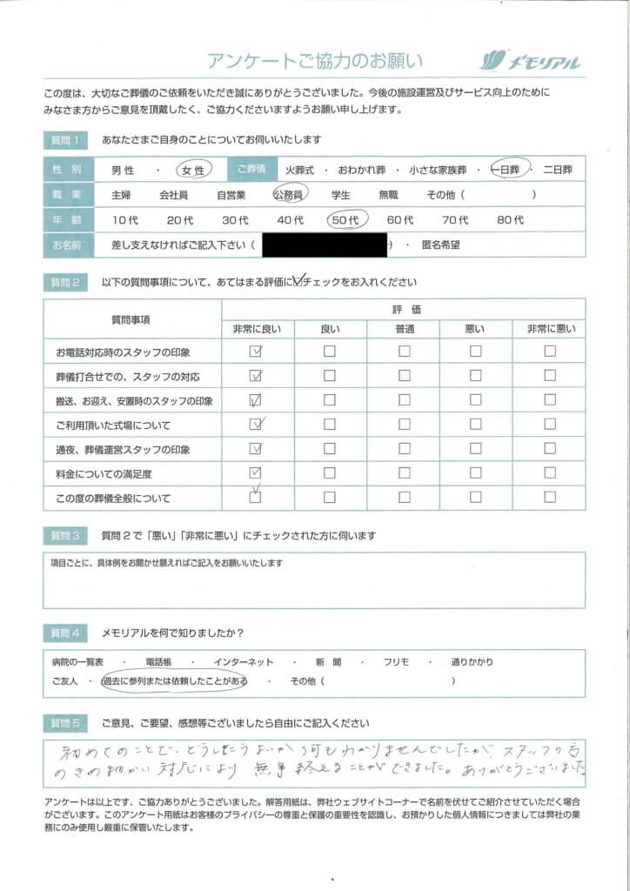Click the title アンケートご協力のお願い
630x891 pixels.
pos(315,61)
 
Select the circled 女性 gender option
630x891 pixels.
pos(193,170)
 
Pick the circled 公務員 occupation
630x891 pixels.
pos(291,195)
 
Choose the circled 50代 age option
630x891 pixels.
pos(346,220)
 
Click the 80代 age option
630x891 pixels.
pos(510,220)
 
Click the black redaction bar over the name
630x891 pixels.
pos(324,245)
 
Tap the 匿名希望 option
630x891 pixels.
pos(441,245)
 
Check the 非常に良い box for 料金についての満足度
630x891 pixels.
pos(256,474)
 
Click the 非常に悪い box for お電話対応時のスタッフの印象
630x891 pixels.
pos(549,352)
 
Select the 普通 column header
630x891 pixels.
pos(404,329)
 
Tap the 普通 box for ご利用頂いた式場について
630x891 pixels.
pos(404,425)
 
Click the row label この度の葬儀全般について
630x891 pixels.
pos(114,499)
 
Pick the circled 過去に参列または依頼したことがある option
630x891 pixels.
pos(174,681)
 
